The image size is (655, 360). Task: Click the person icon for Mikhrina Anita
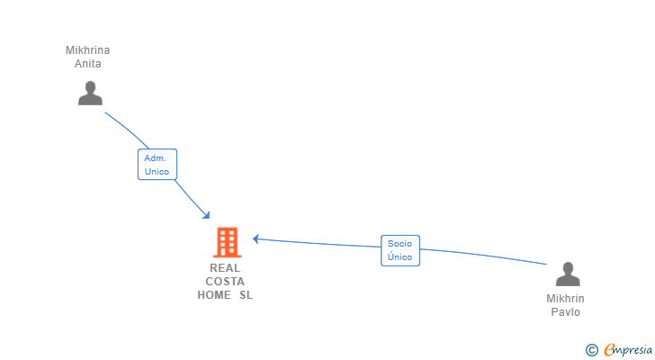pos(90,93)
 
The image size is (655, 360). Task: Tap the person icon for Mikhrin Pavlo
pos(568,274)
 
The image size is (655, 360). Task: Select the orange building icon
pos(228,242)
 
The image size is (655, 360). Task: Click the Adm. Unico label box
pos(157,165)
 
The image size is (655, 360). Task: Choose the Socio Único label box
pos(400,250)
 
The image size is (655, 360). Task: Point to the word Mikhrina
pos(88,50)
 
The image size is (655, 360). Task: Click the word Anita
pos(88,64)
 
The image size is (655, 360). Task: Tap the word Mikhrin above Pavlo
pos(565,299)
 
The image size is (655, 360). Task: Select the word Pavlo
pos(565,312)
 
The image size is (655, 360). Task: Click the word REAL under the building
pos(225,268)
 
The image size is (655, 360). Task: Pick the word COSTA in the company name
pos(225,282)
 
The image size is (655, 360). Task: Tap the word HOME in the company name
pos(214,295)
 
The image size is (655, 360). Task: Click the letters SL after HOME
pos(246,295)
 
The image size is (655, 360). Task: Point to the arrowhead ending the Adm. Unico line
pos(206,215)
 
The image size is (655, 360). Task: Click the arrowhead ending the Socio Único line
pos(256,238)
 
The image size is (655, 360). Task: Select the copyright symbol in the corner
pos(592,350)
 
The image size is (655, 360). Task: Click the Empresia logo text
pos(628,350)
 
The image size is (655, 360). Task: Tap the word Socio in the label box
pos(399,244)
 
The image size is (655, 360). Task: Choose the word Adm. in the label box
pos(156,158)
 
